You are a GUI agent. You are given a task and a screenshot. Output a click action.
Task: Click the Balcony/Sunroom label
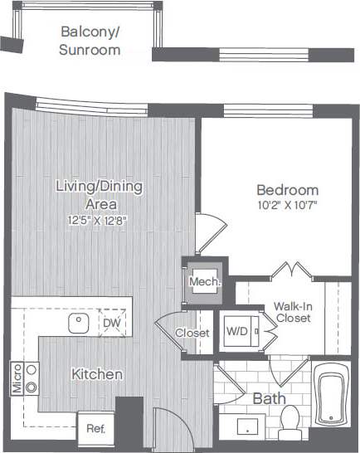click(x=90, y=41)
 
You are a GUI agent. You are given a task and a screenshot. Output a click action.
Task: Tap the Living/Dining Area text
click(x=99, y=194)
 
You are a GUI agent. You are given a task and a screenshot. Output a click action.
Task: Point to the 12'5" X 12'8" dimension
click(x=99, y=220)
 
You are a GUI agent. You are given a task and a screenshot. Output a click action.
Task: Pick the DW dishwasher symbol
click(x=111, y=323)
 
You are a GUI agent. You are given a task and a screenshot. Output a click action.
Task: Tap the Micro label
click(x=16, y=377)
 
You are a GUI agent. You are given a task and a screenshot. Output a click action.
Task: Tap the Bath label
click(x=269, y=399)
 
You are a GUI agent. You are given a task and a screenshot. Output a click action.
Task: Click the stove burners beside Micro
click(x=32, y=377)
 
